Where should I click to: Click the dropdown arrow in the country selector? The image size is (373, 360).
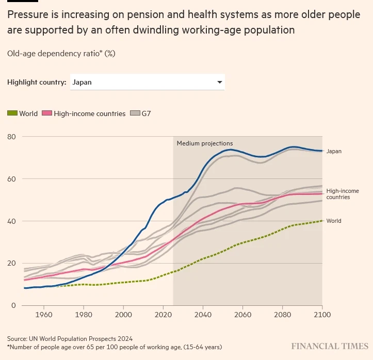click(220, 82)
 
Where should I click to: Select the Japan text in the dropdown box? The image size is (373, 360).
click(82, 82)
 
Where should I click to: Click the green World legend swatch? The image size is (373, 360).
click(12, 113)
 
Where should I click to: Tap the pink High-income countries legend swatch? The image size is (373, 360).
click(47, 113)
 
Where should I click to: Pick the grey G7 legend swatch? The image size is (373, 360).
click(135, 113)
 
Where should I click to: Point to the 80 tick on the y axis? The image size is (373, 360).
click(11, 137)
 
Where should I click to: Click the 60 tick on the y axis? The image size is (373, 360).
click(11, 179)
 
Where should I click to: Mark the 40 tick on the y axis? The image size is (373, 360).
click(11, 221)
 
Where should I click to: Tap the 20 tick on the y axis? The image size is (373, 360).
click(11, 263)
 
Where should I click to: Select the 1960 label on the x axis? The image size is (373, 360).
click(44, 315)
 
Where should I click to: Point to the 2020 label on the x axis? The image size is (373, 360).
click(164, 315)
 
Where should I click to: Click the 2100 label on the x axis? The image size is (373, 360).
click(321, 315)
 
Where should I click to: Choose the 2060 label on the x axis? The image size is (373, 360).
click(243, 315)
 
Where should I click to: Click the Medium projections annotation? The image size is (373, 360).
click(205, 143)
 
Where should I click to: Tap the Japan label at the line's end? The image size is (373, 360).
click(334, 151)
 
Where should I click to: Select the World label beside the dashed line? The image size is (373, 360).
click(334, 221)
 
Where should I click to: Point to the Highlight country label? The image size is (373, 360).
click(37, 82)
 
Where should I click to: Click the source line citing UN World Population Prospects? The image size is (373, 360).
click(70, 339)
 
